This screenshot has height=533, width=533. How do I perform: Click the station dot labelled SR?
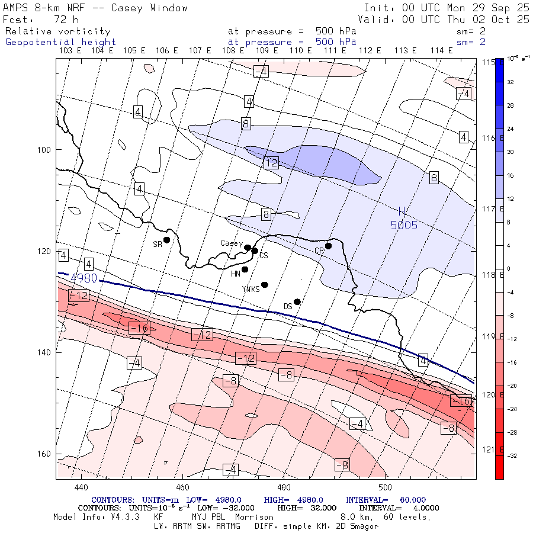tap(167, 240)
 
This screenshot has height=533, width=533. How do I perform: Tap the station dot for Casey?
tap(248, 248)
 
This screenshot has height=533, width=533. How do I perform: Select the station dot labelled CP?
tap(328, 246)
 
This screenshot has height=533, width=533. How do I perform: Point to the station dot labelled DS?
tap(297, 301)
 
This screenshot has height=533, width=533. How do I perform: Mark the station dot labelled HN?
tap(245, 269)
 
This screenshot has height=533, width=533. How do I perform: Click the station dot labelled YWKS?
tap(265, 285)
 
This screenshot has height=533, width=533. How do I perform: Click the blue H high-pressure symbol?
tap(402, 211)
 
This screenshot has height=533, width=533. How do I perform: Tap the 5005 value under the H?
tap(404, 225)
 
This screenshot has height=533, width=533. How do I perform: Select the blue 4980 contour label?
tap(84, 278)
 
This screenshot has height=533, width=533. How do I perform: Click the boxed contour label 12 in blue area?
tap(271, 162)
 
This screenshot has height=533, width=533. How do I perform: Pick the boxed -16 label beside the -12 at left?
tap(139, 327)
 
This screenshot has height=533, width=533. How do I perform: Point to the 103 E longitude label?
tap(70, 51)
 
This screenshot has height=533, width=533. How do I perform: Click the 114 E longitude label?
tap(442, 51)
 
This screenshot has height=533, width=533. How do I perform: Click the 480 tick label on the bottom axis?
tap(284, 487)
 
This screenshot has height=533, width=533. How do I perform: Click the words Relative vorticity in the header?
tap(58, 31)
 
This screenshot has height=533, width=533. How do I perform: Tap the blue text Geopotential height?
tap(61, 42)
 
